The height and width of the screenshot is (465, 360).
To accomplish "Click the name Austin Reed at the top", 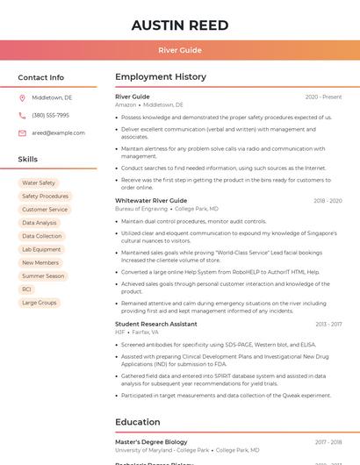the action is [180, 25].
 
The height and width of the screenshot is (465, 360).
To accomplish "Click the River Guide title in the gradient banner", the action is [180, 50].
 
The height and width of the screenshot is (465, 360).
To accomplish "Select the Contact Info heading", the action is [40, 77].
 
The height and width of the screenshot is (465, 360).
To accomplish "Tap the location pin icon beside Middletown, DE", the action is [22, 97].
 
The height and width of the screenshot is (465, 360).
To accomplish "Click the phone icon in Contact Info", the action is [22, 115].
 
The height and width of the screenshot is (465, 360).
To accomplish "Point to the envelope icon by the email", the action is [22, 133].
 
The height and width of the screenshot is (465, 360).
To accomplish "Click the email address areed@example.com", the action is [58, 133].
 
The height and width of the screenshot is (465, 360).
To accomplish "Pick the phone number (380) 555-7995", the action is [50, 115].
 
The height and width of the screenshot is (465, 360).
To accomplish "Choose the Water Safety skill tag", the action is [39, 183].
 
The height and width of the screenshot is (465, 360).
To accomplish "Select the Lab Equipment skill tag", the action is [41, 249].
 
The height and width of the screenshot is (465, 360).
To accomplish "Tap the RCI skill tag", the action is [26, 289].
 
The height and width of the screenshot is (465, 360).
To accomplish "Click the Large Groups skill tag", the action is [39, 303].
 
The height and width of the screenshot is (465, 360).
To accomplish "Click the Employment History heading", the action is [161, 77].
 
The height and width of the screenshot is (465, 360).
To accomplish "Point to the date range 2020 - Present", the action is [323, 97].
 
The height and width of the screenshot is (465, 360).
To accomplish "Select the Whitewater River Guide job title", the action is [151, 201].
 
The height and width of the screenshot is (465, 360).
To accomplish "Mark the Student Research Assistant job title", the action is [156, 324].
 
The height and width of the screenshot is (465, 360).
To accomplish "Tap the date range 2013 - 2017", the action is [328, 324].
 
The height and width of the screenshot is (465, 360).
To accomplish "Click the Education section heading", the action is [137, 422].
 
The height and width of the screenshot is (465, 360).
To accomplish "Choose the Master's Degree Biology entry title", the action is [151, 442].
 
